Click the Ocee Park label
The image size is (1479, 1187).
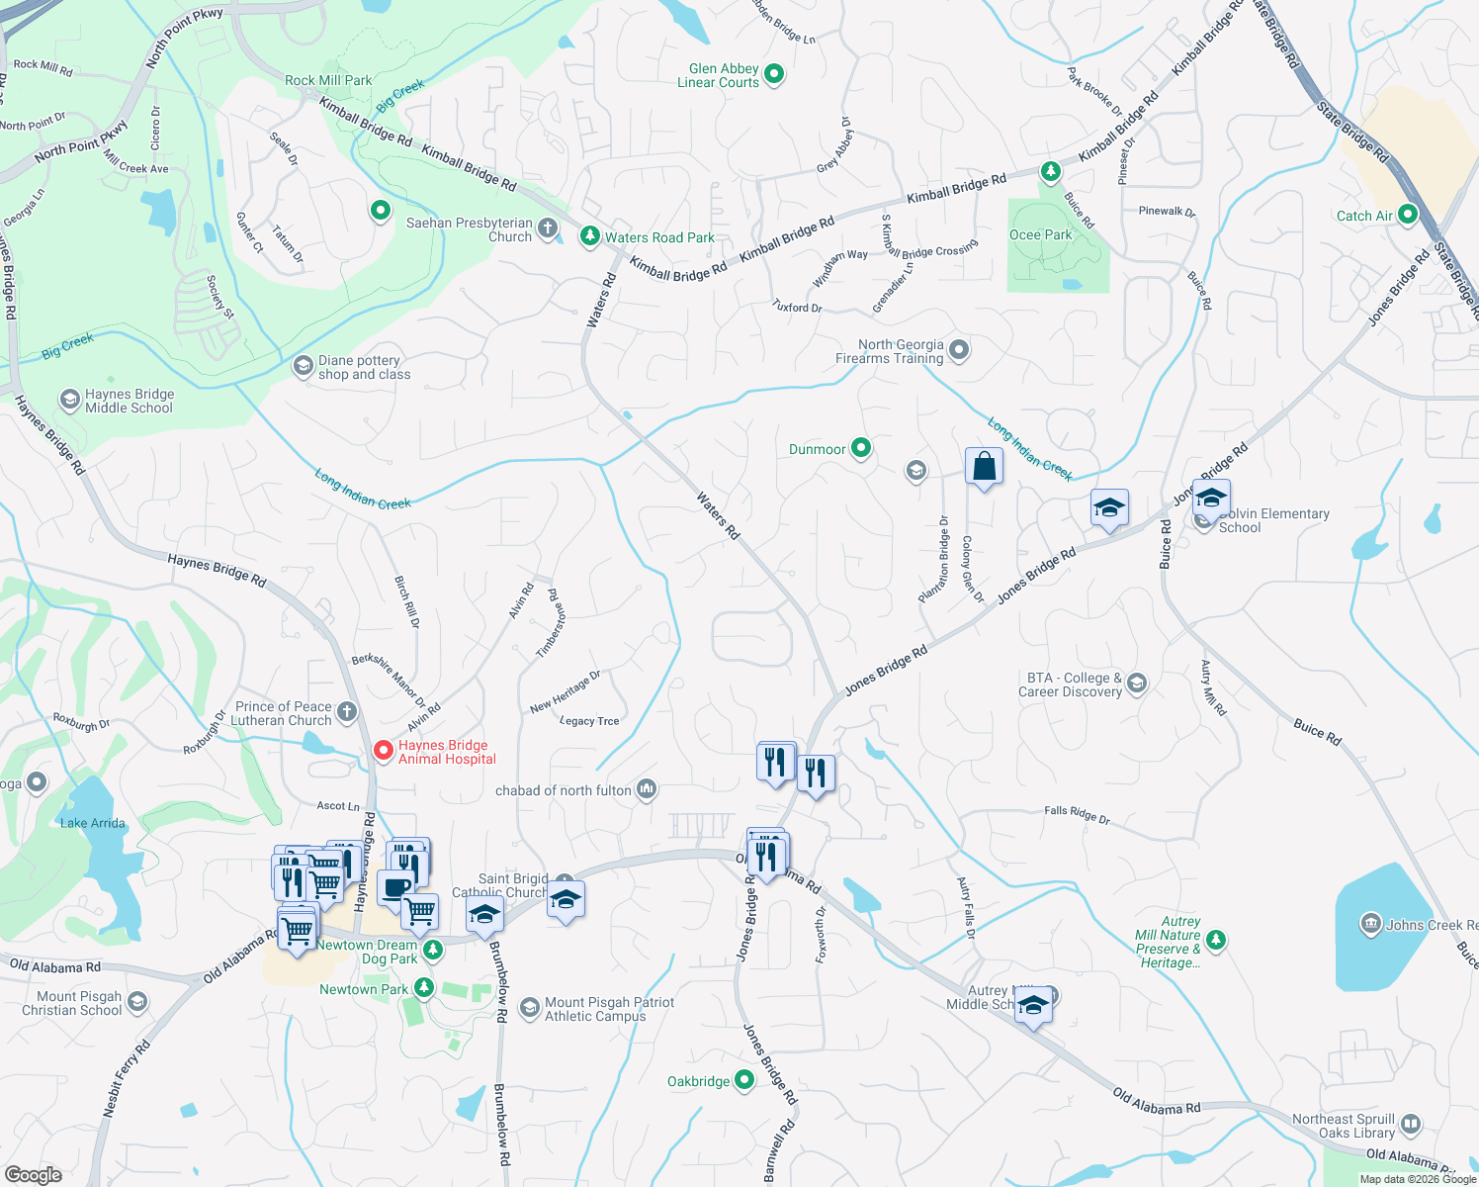(1040, 235)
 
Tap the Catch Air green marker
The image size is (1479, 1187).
(1408, 215)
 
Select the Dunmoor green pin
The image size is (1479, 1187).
(861, 448)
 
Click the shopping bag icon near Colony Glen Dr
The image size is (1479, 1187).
(984, 466)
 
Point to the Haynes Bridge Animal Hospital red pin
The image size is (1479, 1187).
(383, 753)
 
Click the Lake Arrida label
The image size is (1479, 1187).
(93, 823)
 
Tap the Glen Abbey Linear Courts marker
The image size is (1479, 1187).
(774, 74)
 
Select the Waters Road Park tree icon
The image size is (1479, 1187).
(590, 236)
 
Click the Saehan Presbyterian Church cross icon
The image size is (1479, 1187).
(548, 229)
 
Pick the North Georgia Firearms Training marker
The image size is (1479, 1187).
(958, 350)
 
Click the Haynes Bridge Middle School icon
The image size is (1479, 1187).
(69, 400)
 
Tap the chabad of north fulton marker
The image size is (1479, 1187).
(647, 789)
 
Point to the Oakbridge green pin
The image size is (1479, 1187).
(743, 1080)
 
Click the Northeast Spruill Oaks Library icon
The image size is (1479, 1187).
(1411, 1125)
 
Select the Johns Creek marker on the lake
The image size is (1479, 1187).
(1370, 925)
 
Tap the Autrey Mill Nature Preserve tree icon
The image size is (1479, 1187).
(1216, 940)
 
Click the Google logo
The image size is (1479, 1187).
(33, 1175)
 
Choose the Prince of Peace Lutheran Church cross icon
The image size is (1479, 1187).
(346, 712)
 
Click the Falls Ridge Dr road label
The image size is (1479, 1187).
(1077, 813)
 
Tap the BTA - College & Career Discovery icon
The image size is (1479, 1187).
(1137, 684)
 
